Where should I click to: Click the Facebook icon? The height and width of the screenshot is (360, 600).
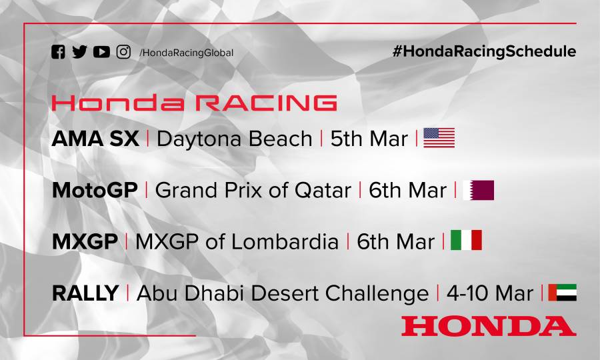click(59, 52)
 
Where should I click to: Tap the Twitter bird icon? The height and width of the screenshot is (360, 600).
click(79, 52)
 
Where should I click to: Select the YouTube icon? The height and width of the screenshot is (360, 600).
click(101, 52)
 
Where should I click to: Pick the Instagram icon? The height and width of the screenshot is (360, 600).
click(123, 52)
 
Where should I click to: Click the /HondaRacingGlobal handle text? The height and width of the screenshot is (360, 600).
click(186, 53)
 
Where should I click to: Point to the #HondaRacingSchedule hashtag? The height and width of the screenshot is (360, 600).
click(484, 51)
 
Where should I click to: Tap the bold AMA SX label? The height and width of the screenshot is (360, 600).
click(95, 139)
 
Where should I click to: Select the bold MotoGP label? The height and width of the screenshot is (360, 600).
click(95, 190)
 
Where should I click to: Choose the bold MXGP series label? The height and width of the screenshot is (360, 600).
click(85, 241)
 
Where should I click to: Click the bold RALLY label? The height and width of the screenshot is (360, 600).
click(85, 293)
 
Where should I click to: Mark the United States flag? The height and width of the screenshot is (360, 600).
click(439, 138)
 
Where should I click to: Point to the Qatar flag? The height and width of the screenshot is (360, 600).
click(479, 190)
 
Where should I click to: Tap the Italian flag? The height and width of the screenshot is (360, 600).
click(466, 241)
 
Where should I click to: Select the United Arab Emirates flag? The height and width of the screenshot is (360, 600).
click(562, 292)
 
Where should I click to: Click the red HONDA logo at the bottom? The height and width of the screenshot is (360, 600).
click(488, 325)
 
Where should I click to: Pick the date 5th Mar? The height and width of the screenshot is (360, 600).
click(369, 139)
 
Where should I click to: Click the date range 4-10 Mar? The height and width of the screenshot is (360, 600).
click(489, 293)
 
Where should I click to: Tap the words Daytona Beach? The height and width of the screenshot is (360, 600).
click(234, 139)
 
